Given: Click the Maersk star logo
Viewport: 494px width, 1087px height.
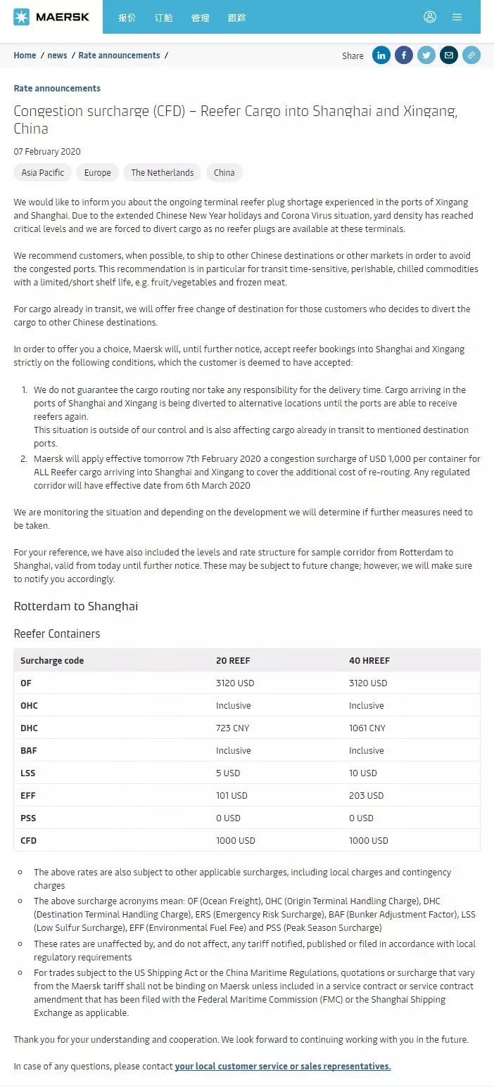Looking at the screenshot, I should (21, 17).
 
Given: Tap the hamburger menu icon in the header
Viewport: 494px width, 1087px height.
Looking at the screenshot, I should (457, 17).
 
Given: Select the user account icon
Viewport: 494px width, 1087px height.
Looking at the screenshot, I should (430, 17).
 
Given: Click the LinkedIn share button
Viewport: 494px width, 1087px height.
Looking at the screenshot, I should (381, 56).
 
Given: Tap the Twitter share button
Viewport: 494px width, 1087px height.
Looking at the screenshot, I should (426, 56).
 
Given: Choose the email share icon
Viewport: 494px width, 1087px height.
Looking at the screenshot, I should (449, 56).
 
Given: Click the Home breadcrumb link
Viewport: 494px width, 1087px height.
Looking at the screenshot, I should (25, 56).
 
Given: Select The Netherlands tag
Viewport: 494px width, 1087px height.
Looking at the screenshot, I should (162, 172).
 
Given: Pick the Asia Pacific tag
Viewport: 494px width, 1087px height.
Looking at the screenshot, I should (43, 172).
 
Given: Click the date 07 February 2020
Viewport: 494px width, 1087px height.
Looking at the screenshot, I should (47, 151).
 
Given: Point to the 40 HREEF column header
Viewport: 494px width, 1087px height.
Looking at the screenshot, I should (369, 660).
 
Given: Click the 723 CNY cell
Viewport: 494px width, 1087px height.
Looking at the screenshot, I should (232, 728).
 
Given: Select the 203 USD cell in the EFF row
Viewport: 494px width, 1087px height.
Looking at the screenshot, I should (366, 795).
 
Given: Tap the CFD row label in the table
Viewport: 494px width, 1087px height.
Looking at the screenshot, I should (30, 840).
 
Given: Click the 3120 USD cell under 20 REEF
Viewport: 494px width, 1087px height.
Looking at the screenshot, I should (235, 683).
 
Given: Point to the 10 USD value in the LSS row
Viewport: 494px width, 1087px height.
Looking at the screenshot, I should (363, 773).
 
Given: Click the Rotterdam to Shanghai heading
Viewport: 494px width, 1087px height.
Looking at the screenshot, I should (76, 606).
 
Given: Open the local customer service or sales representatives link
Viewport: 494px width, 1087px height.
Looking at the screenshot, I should (283, 1066).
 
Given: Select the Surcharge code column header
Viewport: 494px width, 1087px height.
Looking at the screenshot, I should (52, 660).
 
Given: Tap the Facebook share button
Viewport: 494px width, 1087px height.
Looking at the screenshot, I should (404, 56).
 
